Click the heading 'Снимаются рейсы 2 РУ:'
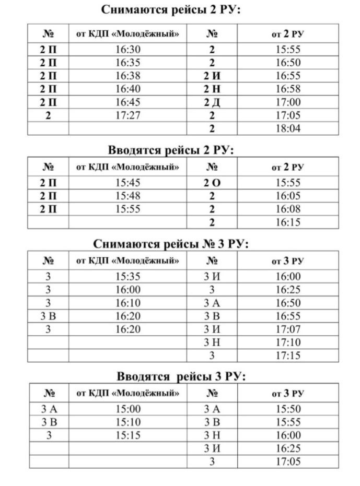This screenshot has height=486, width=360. [170, 10]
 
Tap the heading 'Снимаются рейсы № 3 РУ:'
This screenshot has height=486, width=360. [170, 244]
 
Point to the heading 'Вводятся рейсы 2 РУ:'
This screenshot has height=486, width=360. [170, 151]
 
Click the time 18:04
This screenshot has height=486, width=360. [288, 128]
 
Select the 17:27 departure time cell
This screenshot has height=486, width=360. [128, 115]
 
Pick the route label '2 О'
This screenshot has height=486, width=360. [212, 183]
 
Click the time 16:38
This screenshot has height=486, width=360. [128, 76]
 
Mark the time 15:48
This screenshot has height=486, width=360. [128, 196]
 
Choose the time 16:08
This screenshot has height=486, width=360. [288, 209]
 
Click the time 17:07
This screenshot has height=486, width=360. [288, 330]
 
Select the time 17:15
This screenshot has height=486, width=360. [288, 356]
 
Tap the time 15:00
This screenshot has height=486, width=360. [128, 410]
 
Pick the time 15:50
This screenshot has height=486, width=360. [288, 410]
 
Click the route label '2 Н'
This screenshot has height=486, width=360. [212, 89]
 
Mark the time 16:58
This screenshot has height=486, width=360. [288, 89]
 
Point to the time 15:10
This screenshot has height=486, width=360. [128, 422]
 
